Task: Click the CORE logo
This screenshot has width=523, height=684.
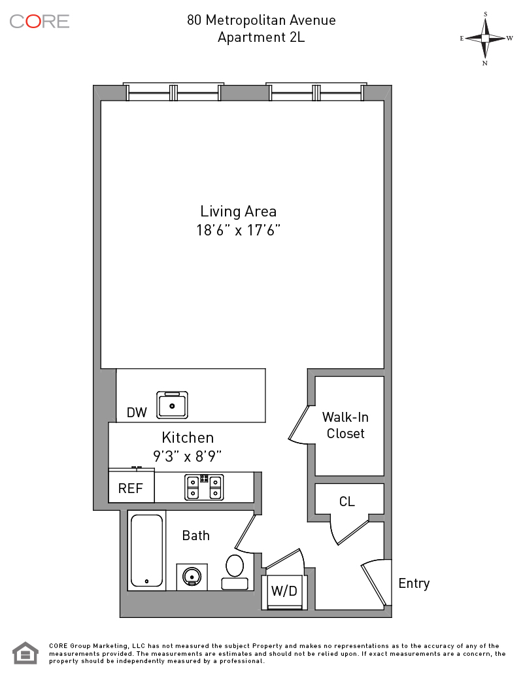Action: tap(39, 22)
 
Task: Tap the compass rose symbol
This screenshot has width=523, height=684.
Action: tap(485, 39)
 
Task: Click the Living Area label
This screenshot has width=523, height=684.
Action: tap(238, 212)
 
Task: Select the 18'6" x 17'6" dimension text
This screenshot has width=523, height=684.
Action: tap(238, 230)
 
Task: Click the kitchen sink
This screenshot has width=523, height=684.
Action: tap(173, 405)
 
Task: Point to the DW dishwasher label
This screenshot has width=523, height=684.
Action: tap(137, 413)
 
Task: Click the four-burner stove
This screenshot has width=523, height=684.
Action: tap(204, 487)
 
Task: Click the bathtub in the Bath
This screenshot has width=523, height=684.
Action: tap(147, 551)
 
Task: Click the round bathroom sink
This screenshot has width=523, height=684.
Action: tap(192, 577)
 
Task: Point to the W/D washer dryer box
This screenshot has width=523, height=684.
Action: tap(284, 592)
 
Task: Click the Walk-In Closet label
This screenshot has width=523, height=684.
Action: tap(345, 425)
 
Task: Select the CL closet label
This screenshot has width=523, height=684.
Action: tap(346, 502)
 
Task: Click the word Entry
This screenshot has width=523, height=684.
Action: tap(414, 584)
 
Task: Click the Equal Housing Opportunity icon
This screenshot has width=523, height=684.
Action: tap(25, 653)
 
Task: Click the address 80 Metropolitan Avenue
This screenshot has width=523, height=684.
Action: tap(261, 20)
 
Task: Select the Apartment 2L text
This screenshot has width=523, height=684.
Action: tap(261, 37)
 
